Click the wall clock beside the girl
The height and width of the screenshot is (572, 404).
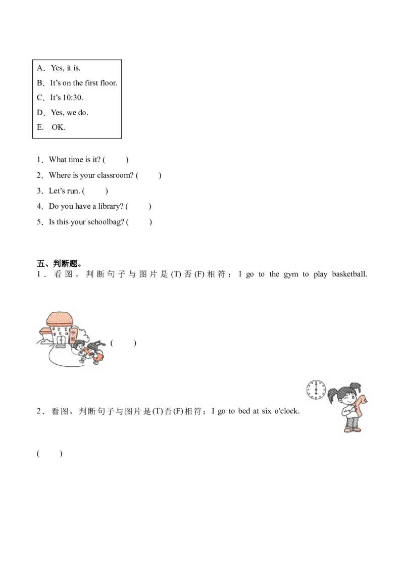coord(317,390)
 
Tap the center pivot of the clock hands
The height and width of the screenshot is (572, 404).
coord(317,390)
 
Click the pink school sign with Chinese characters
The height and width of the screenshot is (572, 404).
coord(73,335)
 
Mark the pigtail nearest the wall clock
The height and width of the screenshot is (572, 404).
coord(332,395)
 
